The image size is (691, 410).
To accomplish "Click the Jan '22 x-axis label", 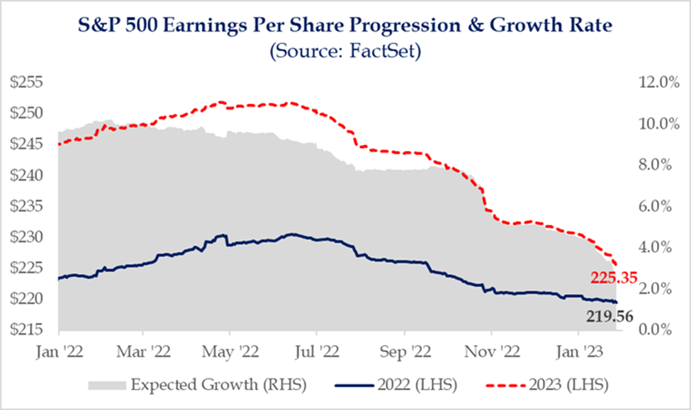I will (57, 350).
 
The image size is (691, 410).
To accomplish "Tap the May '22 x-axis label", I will (230, 350).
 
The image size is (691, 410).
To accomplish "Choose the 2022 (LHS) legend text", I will (417, 385).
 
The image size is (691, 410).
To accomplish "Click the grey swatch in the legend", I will (106, 385).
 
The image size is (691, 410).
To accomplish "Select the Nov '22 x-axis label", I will (490, 350).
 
